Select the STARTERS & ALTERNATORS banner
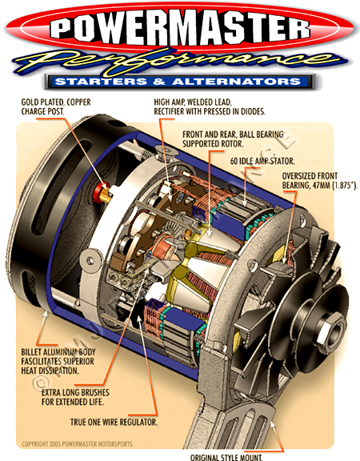180,82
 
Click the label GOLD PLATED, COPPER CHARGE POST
56,106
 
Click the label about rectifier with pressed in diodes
210,106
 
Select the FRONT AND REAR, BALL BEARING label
233,139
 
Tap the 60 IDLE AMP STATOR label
262,161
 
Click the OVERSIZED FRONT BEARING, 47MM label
319,181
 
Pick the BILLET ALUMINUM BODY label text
58,361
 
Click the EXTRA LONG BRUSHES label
75,397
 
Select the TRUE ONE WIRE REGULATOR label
114,423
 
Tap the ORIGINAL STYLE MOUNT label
226,458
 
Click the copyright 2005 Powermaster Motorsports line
77,443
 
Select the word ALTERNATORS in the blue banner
237,82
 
